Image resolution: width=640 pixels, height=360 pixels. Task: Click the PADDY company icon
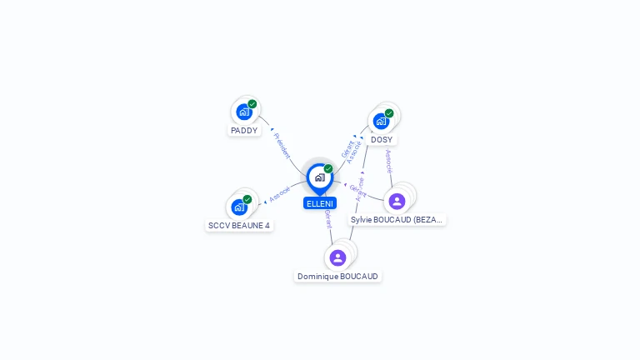tap(243, 112)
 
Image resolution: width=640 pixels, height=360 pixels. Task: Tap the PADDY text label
tap(244, 131)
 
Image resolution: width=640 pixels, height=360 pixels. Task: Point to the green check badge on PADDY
tap(252, 104)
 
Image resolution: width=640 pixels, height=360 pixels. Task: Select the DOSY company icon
tap(381, 121)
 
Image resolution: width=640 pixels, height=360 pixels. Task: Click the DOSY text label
tap(382, 139)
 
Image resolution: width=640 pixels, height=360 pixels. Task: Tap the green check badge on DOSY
tap(389, 113)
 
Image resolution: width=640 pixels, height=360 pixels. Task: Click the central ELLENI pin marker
tap(319, 177)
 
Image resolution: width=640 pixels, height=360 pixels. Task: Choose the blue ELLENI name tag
tap(320, 203)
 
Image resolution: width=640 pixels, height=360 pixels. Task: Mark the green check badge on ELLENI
tap(328, 168)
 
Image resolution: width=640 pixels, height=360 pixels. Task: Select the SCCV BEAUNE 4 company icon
tap(239, 207)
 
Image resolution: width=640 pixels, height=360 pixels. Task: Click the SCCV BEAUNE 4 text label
tap(239, 225)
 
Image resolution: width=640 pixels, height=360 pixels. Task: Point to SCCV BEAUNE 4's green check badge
tap(247, 199)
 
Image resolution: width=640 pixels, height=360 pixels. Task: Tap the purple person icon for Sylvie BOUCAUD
tap(397, 201)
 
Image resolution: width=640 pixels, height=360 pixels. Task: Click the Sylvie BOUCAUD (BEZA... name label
tap(397, 220)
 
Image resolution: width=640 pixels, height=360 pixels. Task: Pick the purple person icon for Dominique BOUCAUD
tap(337, 257)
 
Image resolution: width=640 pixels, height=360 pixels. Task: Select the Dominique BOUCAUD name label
tap(337, 277)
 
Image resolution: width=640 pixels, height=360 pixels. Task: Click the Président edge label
tap(282, 145)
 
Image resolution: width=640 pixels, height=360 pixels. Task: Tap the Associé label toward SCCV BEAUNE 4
tap(280, 191)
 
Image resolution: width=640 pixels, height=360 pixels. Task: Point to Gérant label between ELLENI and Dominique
tap(328, 219)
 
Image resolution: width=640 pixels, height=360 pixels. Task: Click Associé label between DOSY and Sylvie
tap(388, 161)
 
